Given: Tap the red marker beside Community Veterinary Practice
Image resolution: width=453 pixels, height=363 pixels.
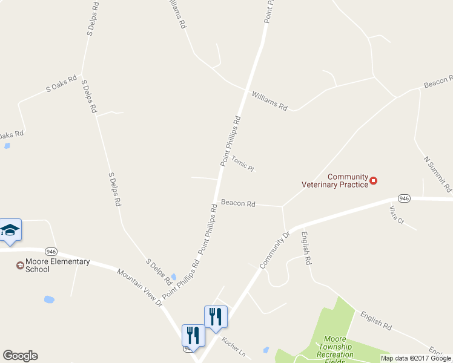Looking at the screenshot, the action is point(374,180).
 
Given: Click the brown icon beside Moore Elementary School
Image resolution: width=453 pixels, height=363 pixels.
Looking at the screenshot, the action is point(20,265).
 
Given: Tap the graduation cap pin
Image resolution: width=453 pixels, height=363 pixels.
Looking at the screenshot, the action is point(10,231).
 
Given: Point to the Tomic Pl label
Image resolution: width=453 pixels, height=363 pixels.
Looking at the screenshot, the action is point(242,164).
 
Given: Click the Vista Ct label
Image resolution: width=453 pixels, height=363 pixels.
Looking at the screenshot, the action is point(397,216).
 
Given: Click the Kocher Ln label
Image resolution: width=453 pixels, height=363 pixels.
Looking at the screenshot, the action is point(233,347).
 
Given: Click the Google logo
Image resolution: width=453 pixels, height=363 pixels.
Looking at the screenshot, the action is point(20,356).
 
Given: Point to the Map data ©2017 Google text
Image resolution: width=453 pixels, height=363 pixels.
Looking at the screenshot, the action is point(415,358).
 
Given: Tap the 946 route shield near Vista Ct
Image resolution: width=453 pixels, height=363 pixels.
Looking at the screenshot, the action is point(405,198).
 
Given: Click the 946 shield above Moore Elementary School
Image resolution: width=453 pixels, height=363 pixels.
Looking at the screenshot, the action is point(51,251).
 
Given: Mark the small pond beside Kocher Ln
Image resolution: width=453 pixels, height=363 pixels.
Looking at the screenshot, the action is point(265,349).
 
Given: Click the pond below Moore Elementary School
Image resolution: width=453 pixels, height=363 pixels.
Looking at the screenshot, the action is point(49,299).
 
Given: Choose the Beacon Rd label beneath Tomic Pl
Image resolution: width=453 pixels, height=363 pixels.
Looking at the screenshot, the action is point(238,203).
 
